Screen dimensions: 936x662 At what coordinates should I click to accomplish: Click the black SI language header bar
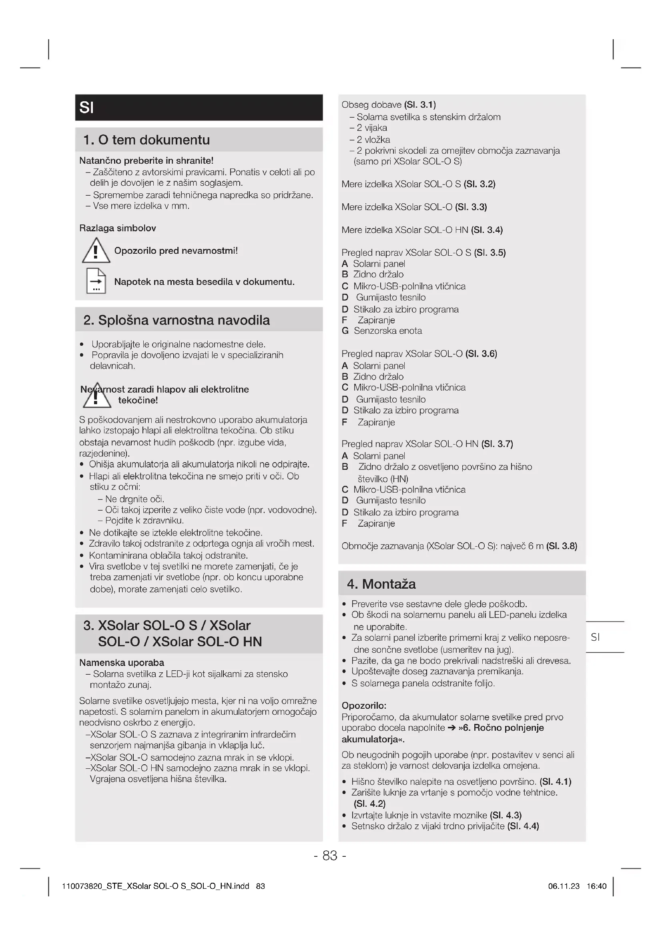[199, 108]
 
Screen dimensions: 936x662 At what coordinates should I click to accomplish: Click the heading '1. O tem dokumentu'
[146, 140]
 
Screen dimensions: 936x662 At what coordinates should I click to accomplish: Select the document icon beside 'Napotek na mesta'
[96, 281]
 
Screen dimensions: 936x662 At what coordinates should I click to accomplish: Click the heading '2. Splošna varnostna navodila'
[177, 320]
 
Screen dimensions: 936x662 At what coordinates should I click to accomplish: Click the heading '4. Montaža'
[381, 584]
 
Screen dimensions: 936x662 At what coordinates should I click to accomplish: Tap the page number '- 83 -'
[330, 855]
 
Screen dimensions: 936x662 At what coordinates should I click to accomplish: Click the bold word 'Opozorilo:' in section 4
[364, 705]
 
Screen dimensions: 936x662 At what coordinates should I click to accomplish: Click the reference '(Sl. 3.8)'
[562, 546]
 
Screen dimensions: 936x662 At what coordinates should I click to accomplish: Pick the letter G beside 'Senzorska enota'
[345, 331]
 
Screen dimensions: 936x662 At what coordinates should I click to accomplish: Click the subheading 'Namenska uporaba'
[122, 662]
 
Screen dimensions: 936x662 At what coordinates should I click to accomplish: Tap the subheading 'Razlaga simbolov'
[117, 228]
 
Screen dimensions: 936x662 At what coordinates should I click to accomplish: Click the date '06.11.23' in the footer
[564, 886]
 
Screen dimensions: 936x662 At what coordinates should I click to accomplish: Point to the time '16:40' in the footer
[596, 886]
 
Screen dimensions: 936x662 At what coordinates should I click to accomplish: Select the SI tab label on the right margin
[595, 637]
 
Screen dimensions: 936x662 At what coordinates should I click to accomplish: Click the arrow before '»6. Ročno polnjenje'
[451, 728]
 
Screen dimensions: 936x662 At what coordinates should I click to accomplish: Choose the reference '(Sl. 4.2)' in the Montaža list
[369, 804]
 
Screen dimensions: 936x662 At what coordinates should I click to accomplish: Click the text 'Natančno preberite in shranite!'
[146, 160]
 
